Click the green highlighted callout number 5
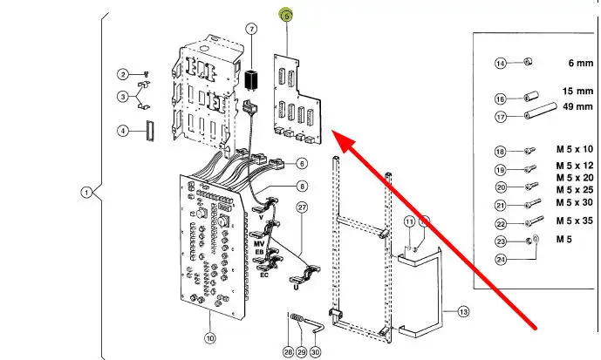pyautogui.click(x=286, y=16)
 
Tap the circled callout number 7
pyautogui.click(x=251, y=29)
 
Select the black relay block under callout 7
pyautogui.click(x=251, y=79)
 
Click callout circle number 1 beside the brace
pyautogui.click(x=86, y=192)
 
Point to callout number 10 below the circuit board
pyautogui.click(x=209, y=338)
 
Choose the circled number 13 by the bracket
pyautogui.click(x=463, y=312)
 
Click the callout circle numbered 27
pyautogui.click(x=303, y=207)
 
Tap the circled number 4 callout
pyautogui.click(x=123, y=131)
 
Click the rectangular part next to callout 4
pyautogui.click(x=149, y=131)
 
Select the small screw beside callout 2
pyautogui.click(x=146, y=73)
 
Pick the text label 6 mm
pyautogui.click(x=581, y=63)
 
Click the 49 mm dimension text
pyautogui.click(x=578, y=106)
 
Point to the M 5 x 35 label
pyautogui.click(x=575, y=221)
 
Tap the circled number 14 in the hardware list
pyautogui.click(x=501, y=63)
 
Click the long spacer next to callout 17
pyautogui.click(x=541, y=111)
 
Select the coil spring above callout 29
pyautogui.click(x=297, y=318)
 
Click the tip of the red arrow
pyautogui.click(x=332, y=131)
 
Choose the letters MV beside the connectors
pyautogui.click(x=259, y=244)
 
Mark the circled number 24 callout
pyautogui.click(x=501, y=260)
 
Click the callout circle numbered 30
pyautogui.click(x=315, y=352)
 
